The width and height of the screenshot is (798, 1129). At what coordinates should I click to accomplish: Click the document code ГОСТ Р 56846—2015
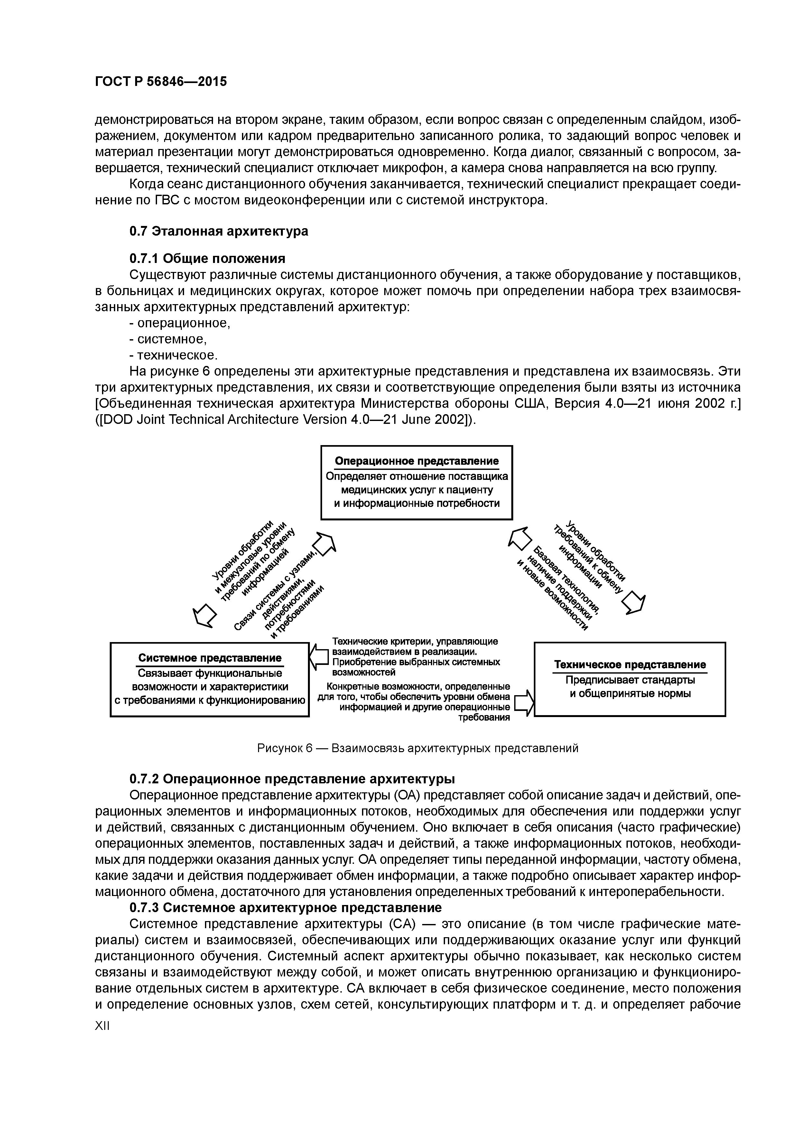point(161,82)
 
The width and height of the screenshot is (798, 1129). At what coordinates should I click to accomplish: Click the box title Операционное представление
point(416,461)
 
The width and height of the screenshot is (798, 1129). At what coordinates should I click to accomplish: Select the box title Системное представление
point(209,658)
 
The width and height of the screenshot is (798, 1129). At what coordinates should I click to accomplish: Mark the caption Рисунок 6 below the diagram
point(417,748)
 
